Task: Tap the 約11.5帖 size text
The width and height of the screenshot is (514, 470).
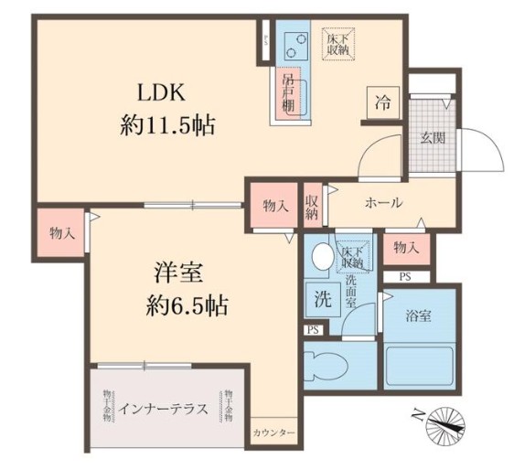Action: point(167,125)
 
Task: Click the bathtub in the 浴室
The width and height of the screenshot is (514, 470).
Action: point(419,367)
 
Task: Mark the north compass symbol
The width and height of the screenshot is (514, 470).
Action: point(446,422)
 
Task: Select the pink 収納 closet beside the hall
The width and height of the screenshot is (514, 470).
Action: point(312,207)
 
